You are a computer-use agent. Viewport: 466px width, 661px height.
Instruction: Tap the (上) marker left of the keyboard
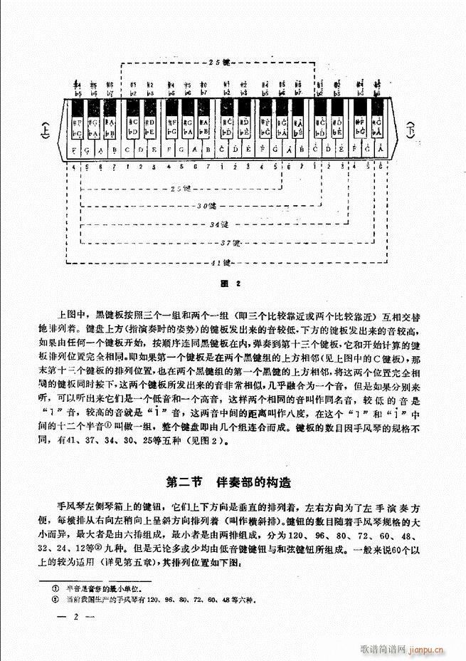tap(46, 131)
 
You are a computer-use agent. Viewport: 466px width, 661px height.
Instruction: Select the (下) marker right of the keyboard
tap(411, 130)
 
